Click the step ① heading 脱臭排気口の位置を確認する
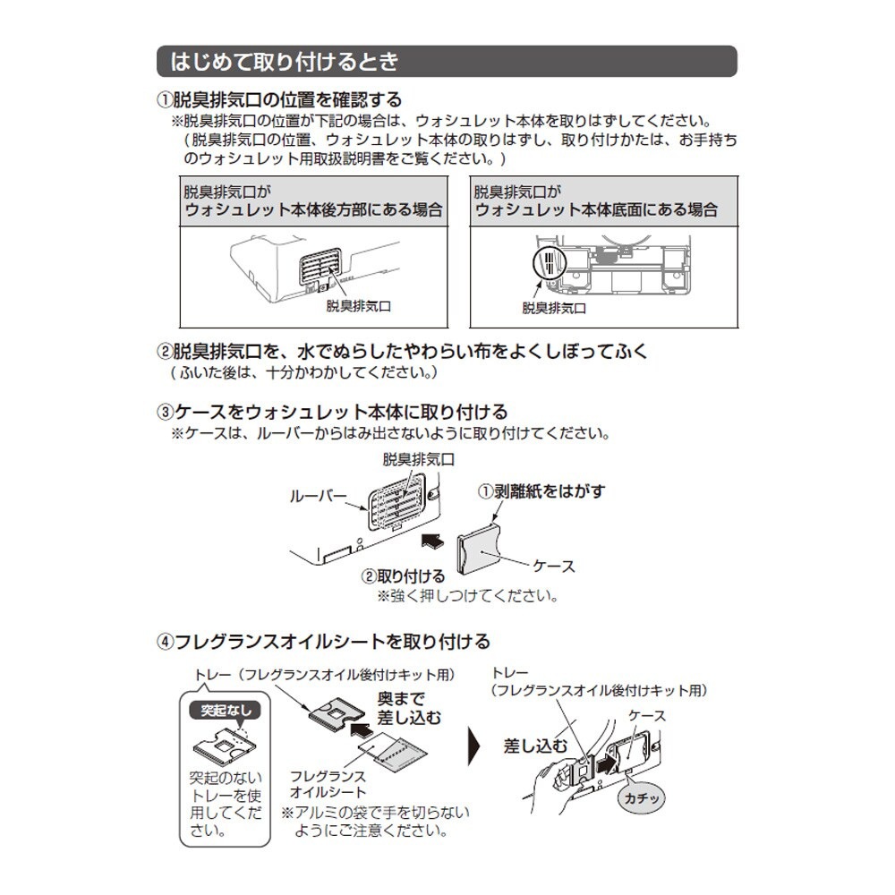coord(279,100)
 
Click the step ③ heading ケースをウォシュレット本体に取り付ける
coord(333,413)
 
